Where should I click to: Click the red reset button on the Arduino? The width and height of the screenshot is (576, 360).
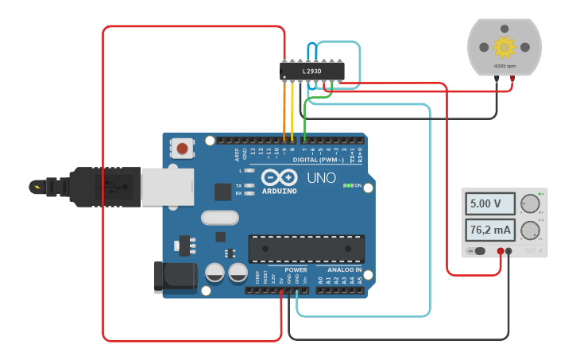click(184, 149)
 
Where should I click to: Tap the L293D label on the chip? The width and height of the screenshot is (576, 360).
click(312, 72)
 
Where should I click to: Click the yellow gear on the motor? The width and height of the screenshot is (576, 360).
click(503, 45)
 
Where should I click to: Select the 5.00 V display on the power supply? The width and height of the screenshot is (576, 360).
click(486, 204)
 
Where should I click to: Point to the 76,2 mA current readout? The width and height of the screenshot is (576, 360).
click(489, 231)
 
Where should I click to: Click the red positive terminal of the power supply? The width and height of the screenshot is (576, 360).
click(501, 251)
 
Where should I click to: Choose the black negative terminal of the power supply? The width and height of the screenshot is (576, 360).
click(509, 251)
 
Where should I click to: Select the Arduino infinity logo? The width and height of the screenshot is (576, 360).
click(279, 177)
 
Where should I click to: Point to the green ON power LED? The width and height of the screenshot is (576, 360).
click(347, 186)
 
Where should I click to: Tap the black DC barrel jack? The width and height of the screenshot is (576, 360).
click(175, 276)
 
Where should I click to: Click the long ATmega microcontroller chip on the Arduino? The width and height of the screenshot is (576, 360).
click(306, 249)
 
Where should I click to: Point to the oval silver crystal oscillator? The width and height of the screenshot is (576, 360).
click(219, 217)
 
